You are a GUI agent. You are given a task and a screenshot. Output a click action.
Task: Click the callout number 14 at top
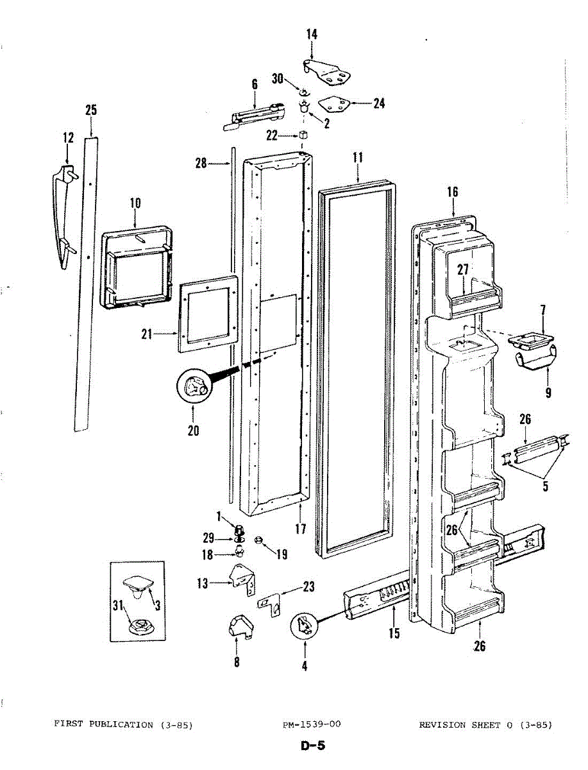coord(312,35)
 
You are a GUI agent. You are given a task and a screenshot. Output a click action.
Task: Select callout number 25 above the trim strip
coord(91,110)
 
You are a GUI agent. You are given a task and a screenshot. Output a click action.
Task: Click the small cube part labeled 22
coord(303,135)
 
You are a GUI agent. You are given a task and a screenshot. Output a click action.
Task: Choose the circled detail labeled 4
coord(304,624)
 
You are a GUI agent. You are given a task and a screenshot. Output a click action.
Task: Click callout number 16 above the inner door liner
coord(453,192)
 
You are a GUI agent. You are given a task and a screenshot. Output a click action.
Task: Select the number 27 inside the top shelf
coord(463,270)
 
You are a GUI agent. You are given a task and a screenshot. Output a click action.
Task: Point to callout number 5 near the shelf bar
coord(545,486)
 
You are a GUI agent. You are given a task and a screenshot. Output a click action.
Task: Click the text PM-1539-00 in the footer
coord(312,724)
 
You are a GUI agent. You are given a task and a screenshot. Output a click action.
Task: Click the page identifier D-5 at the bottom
coord(312,746)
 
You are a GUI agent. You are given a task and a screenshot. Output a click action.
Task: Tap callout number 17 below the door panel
coord(300,529)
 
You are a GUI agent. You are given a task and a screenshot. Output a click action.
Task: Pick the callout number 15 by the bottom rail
coord(394,633)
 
